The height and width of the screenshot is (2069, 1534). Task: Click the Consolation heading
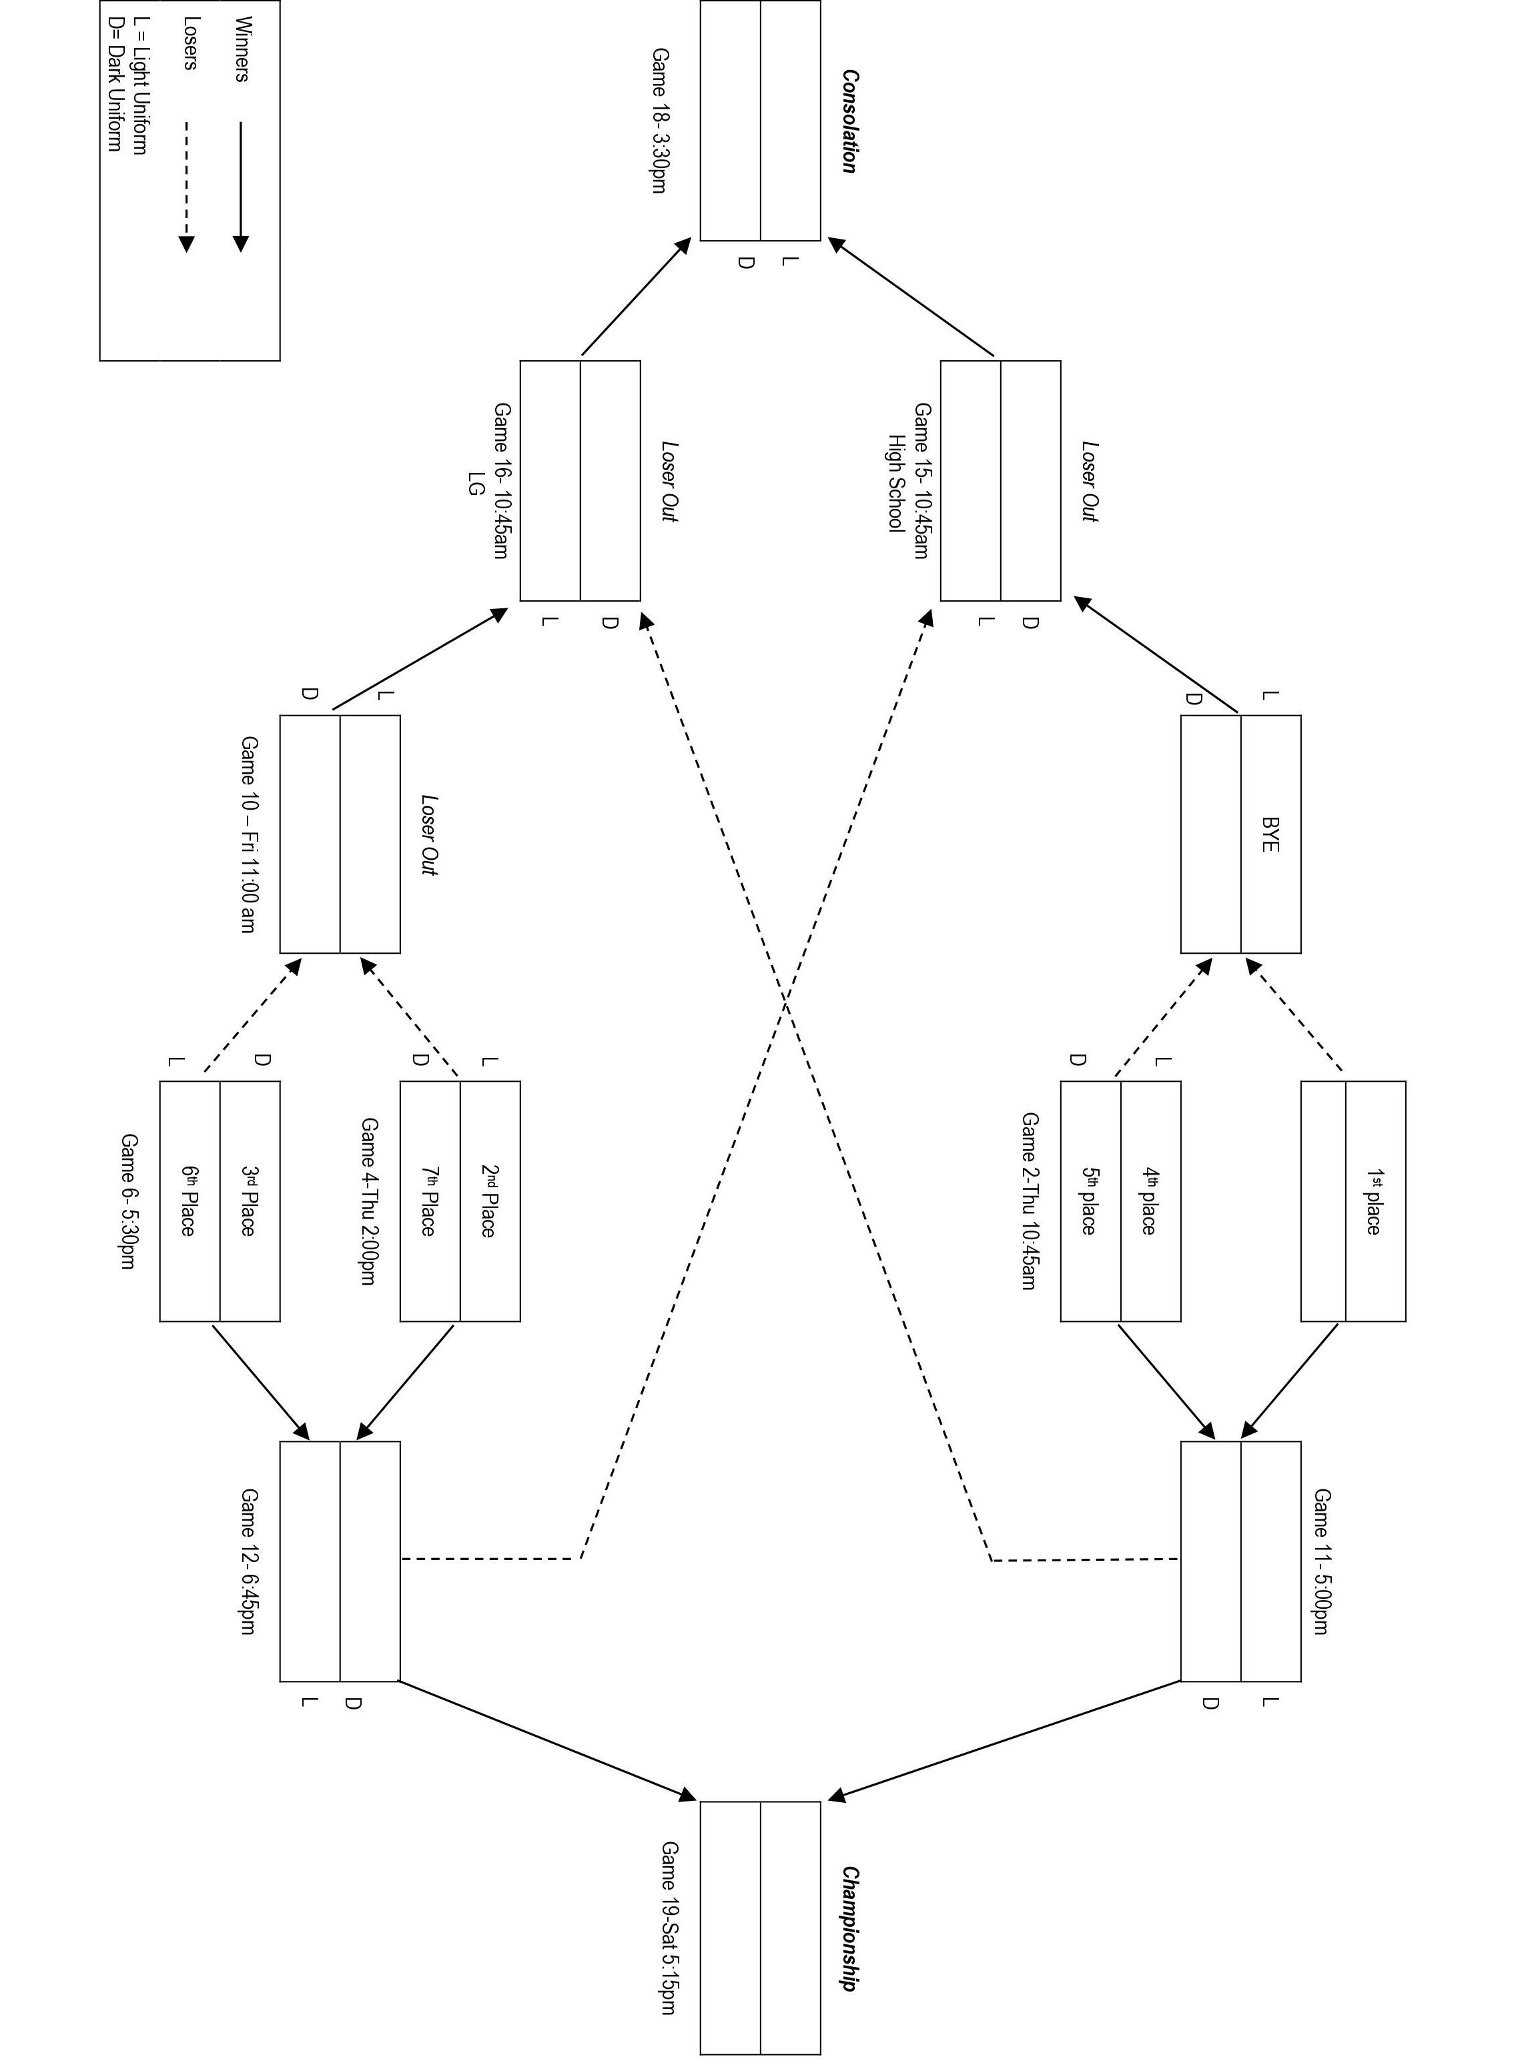click(849, 121)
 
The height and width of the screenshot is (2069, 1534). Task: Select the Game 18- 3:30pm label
click(659, 121)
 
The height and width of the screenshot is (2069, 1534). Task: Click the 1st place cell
click(1375, 1201)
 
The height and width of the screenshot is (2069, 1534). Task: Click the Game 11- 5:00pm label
click(1321, 1562)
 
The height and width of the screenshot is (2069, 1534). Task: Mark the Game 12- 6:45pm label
click(250, 1562)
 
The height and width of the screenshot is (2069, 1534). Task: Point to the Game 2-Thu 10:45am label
click(1029, 1201)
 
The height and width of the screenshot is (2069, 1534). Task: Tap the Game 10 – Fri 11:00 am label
click(250, 834)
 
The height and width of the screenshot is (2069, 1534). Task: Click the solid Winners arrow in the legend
click(240, 185)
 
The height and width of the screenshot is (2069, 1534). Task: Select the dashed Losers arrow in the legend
click(187, 185)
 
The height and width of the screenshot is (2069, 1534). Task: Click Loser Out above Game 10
click(428, 834)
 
